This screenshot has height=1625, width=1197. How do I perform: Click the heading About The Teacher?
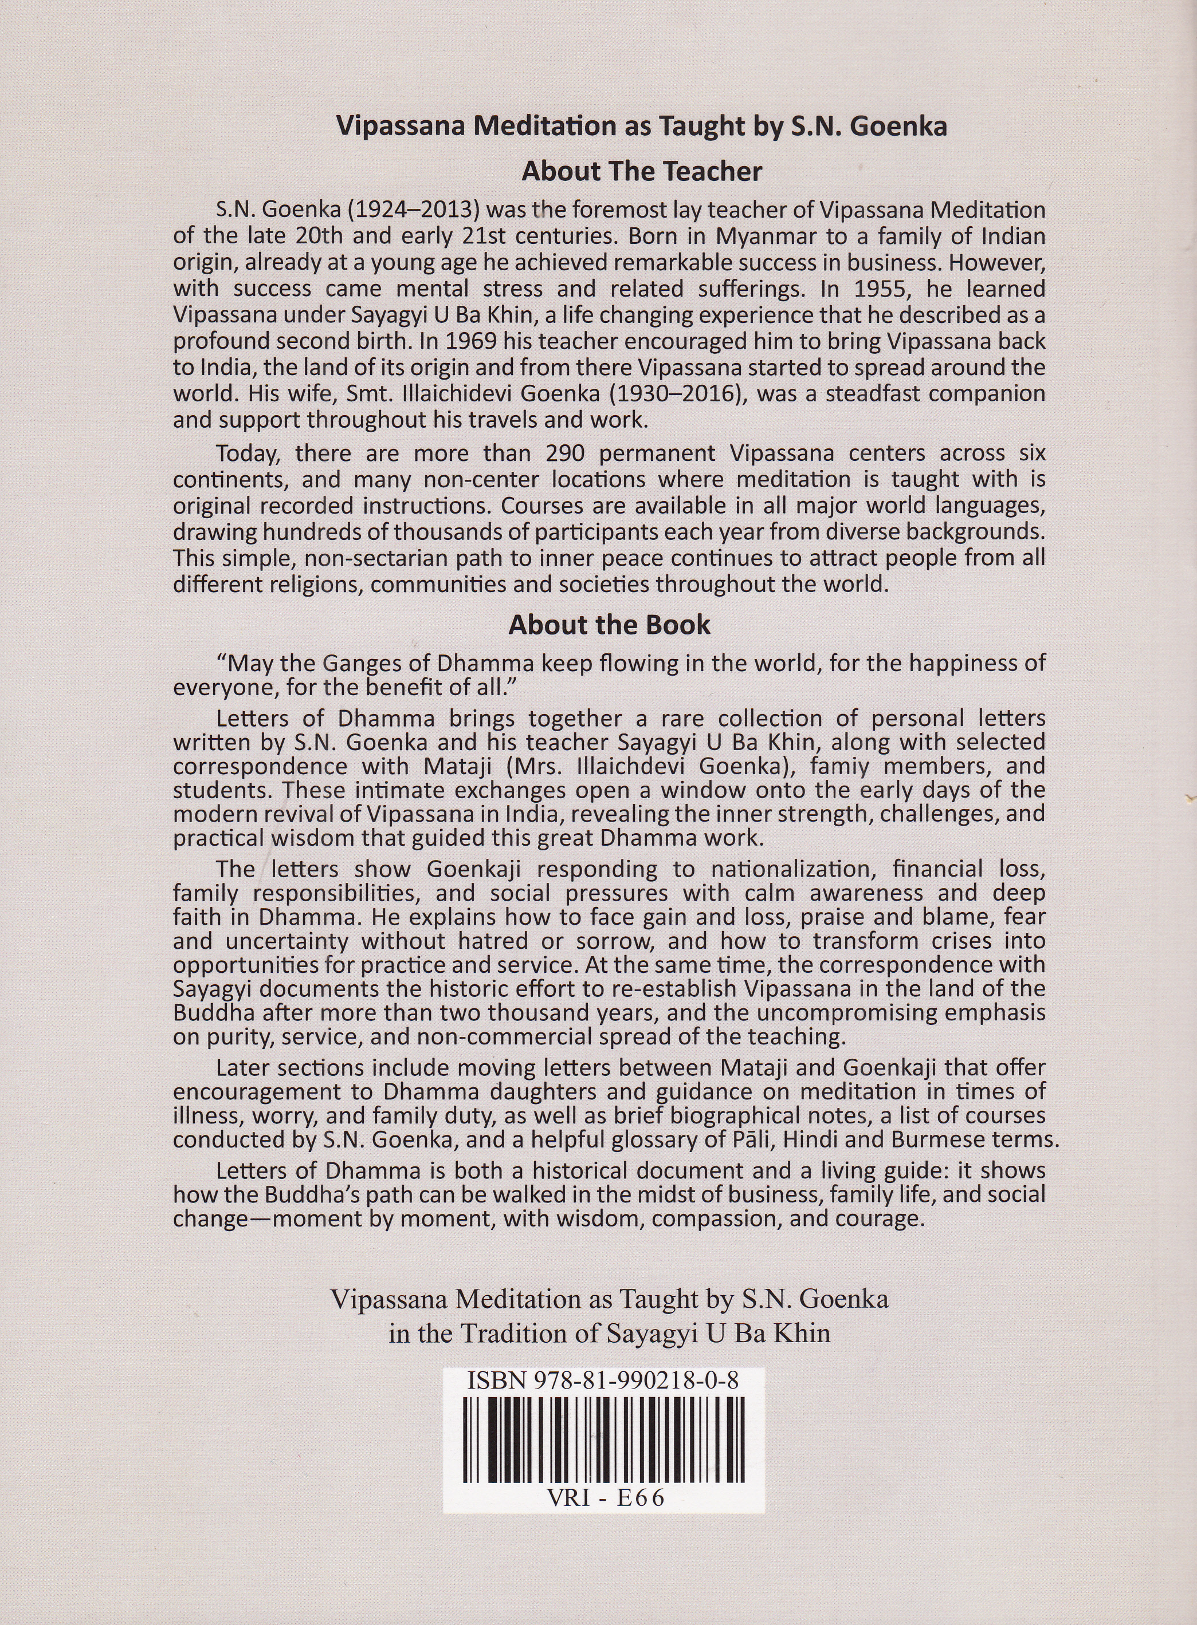click(x=641, y=172)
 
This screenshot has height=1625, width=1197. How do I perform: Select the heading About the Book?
click(x=609, y=625)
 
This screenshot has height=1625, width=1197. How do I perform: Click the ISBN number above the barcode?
click(x=603, y=1381)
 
